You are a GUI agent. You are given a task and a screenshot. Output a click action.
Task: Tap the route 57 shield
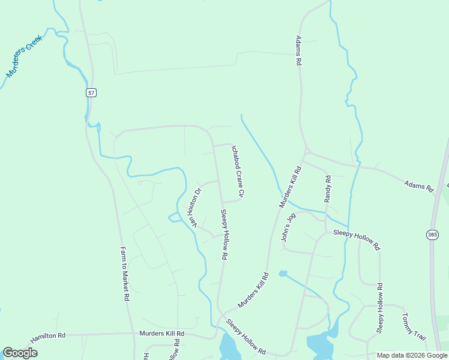coord(91,93)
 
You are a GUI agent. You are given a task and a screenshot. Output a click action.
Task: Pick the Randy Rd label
coord(328,188)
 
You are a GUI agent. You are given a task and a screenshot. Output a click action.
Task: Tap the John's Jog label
coord(289,227)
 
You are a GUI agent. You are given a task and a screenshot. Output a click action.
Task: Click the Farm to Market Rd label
coord(125,274)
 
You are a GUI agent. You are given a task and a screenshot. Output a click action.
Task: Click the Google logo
coord(20,353)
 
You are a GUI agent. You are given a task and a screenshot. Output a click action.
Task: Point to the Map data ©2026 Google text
coord(412,355)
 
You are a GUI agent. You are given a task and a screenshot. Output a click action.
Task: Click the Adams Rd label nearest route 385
coord(418,186)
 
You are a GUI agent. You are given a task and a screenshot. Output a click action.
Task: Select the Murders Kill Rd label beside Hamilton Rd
coord(161,333)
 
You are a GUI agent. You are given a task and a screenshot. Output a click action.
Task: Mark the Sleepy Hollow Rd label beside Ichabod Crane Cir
coord(223,234)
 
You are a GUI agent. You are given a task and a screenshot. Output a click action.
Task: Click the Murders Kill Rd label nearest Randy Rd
coord(289,188)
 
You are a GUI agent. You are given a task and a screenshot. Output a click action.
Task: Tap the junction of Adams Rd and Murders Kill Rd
coord(306,151)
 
